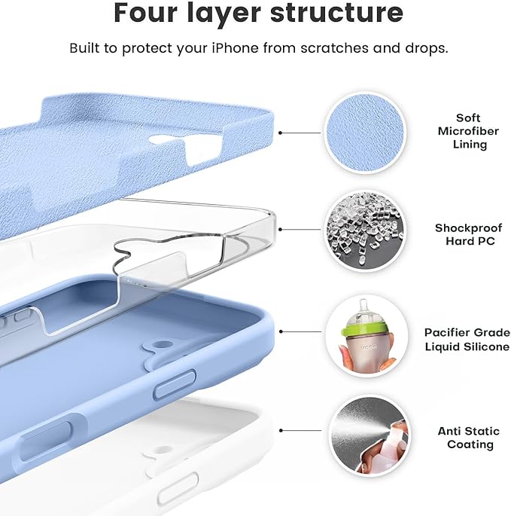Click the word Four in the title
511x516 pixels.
pos(148,13)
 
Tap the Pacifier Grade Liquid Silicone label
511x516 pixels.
pos(467,338)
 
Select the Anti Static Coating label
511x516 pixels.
pos(468,438)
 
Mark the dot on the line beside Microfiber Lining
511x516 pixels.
pos(280,133)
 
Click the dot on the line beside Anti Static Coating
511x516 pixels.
pos(280,431)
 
